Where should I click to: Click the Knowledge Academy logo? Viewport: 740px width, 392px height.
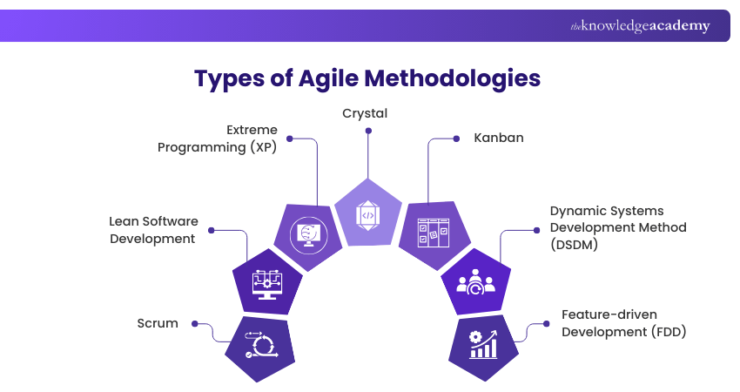[x=640, y=26]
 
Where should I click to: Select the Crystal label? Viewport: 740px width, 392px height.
[x=365, y=113]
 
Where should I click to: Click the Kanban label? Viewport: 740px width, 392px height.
[x=498, y=138]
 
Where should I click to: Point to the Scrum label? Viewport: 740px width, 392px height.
[x=158, y=323]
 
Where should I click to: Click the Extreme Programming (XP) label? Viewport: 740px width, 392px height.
[x=217, y=139]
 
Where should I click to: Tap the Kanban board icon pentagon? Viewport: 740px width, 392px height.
[x=433, y=233]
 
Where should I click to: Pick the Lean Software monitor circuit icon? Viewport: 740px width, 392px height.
[x=267, y=282]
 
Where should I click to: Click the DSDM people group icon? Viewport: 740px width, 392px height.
[x=475, y=282]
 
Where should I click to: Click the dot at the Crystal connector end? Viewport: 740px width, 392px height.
[x=368, y=131]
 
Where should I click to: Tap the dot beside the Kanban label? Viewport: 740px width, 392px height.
[x=455, y=138]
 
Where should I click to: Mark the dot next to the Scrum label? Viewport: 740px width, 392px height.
[x=192, y=324]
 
